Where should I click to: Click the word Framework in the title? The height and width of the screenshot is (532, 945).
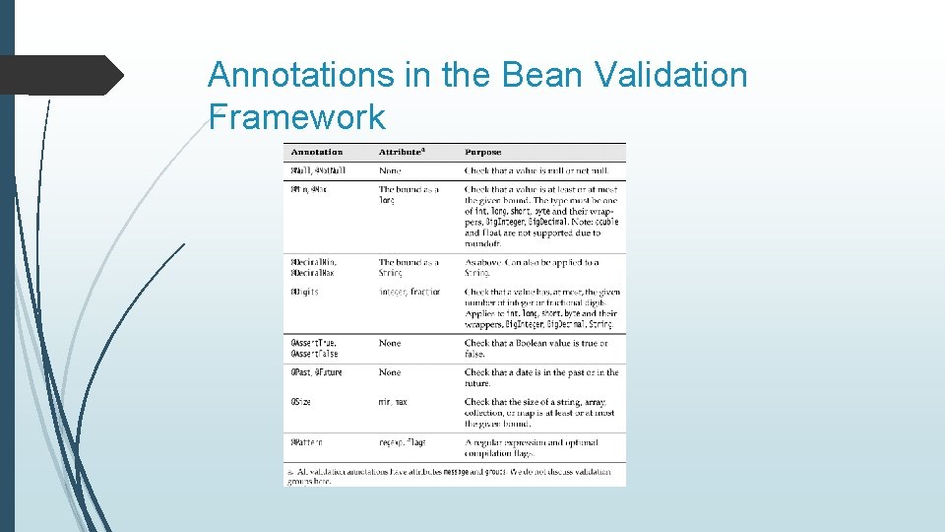(296, 118)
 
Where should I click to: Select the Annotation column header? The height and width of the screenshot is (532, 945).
(317, 153)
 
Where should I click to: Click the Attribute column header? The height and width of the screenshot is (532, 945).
(403, 153)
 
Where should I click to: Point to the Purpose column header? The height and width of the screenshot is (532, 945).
(483, 153)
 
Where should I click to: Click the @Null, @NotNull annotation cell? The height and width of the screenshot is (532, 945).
(316, 171)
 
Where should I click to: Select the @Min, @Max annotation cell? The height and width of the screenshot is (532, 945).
(309, 189)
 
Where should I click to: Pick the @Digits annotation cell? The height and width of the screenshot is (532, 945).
(304, 293)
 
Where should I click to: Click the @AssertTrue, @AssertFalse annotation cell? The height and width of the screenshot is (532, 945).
(314, 349)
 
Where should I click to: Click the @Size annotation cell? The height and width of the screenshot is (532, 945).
(301, 402)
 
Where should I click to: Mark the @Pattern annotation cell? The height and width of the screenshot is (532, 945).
(306, 442)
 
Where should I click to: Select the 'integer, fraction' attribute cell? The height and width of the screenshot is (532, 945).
(410, 293)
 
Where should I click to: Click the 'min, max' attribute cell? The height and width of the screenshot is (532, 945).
(394, 402)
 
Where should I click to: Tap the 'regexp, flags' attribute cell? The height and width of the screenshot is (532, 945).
(403, 442)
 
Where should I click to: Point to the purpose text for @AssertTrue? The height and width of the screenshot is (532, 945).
(536, 349)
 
